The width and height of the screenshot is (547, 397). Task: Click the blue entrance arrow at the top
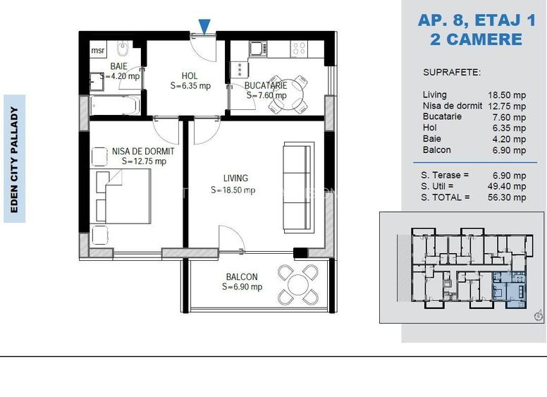204,27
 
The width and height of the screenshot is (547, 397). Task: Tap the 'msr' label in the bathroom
97,51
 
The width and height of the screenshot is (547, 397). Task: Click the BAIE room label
118,66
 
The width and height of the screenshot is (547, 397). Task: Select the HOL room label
190,75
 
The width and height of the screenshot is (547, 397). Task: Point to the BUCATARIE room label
266,85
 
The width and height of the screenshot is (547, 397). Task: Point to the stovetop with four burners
299,49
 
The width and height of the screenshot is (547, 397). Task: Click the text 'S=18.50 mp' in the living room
233,190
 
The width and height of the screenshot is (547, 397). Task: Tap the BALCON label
241,277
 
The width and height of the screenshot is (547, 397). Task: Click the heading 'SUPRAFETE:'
452,72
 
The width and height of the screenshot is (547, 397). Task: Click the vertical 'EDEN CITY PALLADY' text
14,159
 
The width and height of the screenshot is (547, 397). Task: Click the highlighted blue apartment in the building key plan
509,288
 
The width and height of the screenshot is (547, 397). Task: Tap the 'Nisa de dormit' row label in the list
452,106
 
